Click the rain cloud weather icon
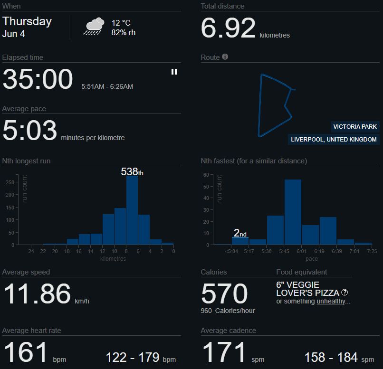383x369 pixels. [x=94, y=26]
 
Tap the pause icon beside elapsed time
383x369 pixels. [x=174, y=72]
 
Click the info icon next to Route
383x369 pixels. [x=225, y=57]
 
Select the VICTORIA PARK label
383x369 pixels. [x=355, y=127]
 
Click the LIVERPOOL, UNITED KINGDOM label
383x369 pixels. [x=334, y=139]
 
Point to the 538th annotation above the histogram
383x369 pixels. [x=132, y=171]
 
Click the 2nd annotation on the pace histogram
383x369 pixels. [x=240, y=233]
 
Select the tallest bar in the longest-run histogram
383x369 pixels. [x=132, y=210]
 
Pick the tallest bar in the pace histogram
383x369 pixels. [x=293, y=212]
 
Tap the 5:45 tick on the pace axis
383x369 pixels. [x=284, y=251]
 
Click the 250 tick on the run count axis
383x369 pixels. [x=10, y=182]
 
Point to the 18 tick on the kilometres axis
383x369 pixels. [x=67, y=251]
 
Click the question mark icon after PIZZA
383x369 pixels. [x=345, y=293]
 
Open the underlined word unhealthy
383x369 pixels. [x=331, y=302]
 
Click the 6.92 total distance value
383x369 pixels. [x=228, y=28]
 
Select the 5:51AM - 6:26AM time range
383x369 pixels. [x=107, y=86]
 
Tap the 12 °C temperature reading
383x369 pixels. [x=121, y=23]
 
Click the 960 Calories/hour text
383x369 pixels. [x=228, y=311]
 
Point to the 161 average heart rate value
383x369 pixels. [x=25, y=352]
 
